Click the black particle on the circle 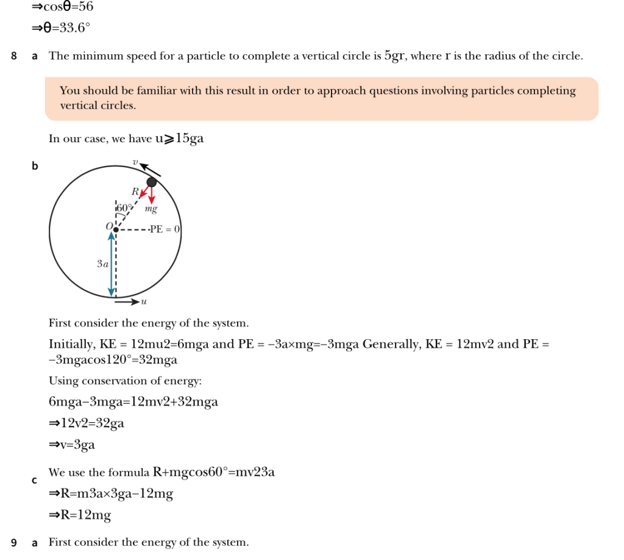coord(152,182)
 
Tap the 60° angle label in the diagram coord(124,208)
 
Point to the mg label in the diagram coord(151,209)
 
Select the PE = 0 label coord(165,229)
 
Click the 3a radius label coord(102,264)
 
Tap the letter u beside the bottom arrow coord(144,301)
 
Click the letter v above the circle coord(136,162)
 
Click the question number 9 coord(13,542)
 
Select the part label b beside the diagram coord(35,166)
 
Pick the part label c coord(35,481)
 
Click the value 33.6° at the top coord(71,27)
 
